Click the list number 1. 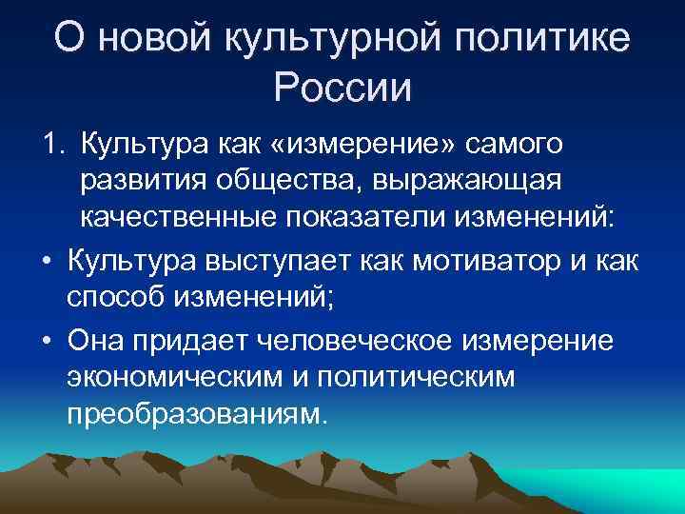tap(51, 144)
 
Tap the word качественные tap(178, 217)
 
